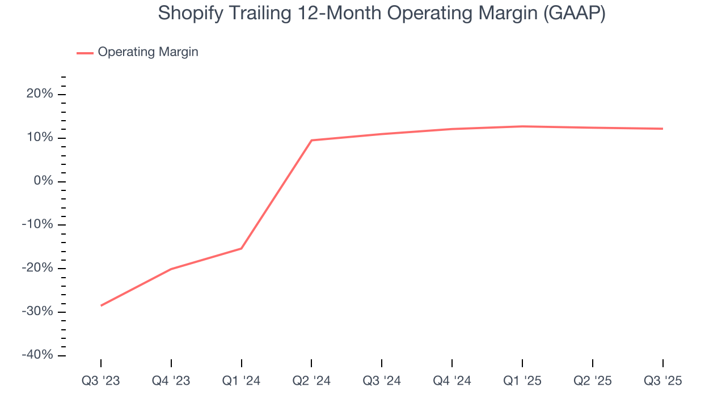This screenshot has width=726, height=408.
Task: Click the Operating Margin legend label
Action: [148, 52]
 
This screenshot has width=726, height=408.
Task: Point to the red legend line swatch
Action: [85, 53]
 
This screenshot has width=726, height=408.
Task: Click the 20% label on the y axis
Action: [40, 94]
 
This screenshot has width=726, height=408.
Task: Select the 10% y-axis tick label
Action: [40, 138]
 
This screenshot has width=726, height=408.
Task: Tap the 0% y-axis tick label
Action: [43, 181]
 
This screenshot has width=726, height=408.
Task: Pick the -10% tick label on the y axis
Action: [37, 224]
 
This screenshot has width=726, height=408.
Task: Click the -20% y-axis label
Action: [37, 268]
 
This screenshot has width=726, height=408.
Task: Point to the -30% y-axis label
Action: [37, 312]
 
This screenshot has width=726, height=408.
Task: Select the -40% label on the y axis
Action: [37, 355]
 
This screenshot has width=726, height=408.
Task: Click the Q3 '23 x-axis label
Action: [101, 381]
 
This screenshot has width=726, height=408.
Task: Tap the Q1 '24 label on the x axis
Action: [242, 381]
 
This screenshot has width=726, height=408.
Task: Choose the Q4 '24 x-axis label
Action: [452, 381]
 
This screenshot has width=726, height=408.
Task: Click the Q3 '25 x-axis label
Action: [662, 381]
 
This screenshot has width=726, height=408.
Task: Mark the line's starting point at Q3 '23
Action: [101, 305]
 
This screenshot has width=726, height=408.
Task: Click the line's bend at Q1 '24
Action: [242, 248]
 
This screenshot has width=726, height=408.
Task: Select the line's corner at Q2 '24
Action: [311, 140]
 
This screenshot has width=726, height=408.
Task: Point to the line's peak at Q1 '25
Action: [522, 126]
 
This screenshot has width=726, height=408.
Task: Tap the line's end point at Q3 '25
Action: [662, 129]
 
